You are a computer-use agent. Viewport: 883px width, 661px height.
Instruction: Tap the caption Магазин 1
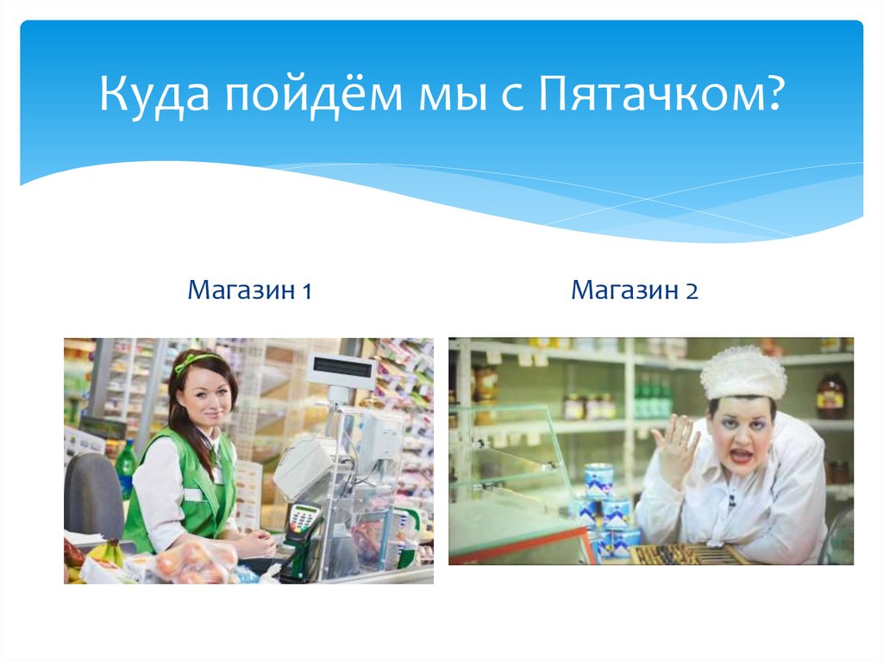click(249, 291)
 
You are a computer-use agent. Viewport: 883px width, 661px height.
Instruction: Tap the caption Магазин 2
click(634, 291)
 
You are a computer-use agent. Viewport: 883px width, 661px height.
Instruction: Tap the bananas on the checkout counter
click(108, 552)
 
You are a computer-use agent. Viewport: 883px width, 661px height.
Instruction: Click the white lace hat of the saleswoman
click(742, 372)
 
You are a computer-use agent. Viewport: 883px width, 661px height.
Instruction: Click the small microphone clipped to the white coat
click(731, 500)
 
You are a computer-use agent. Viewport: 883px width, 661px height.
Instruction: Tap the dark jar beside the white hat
click(830, 395)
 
